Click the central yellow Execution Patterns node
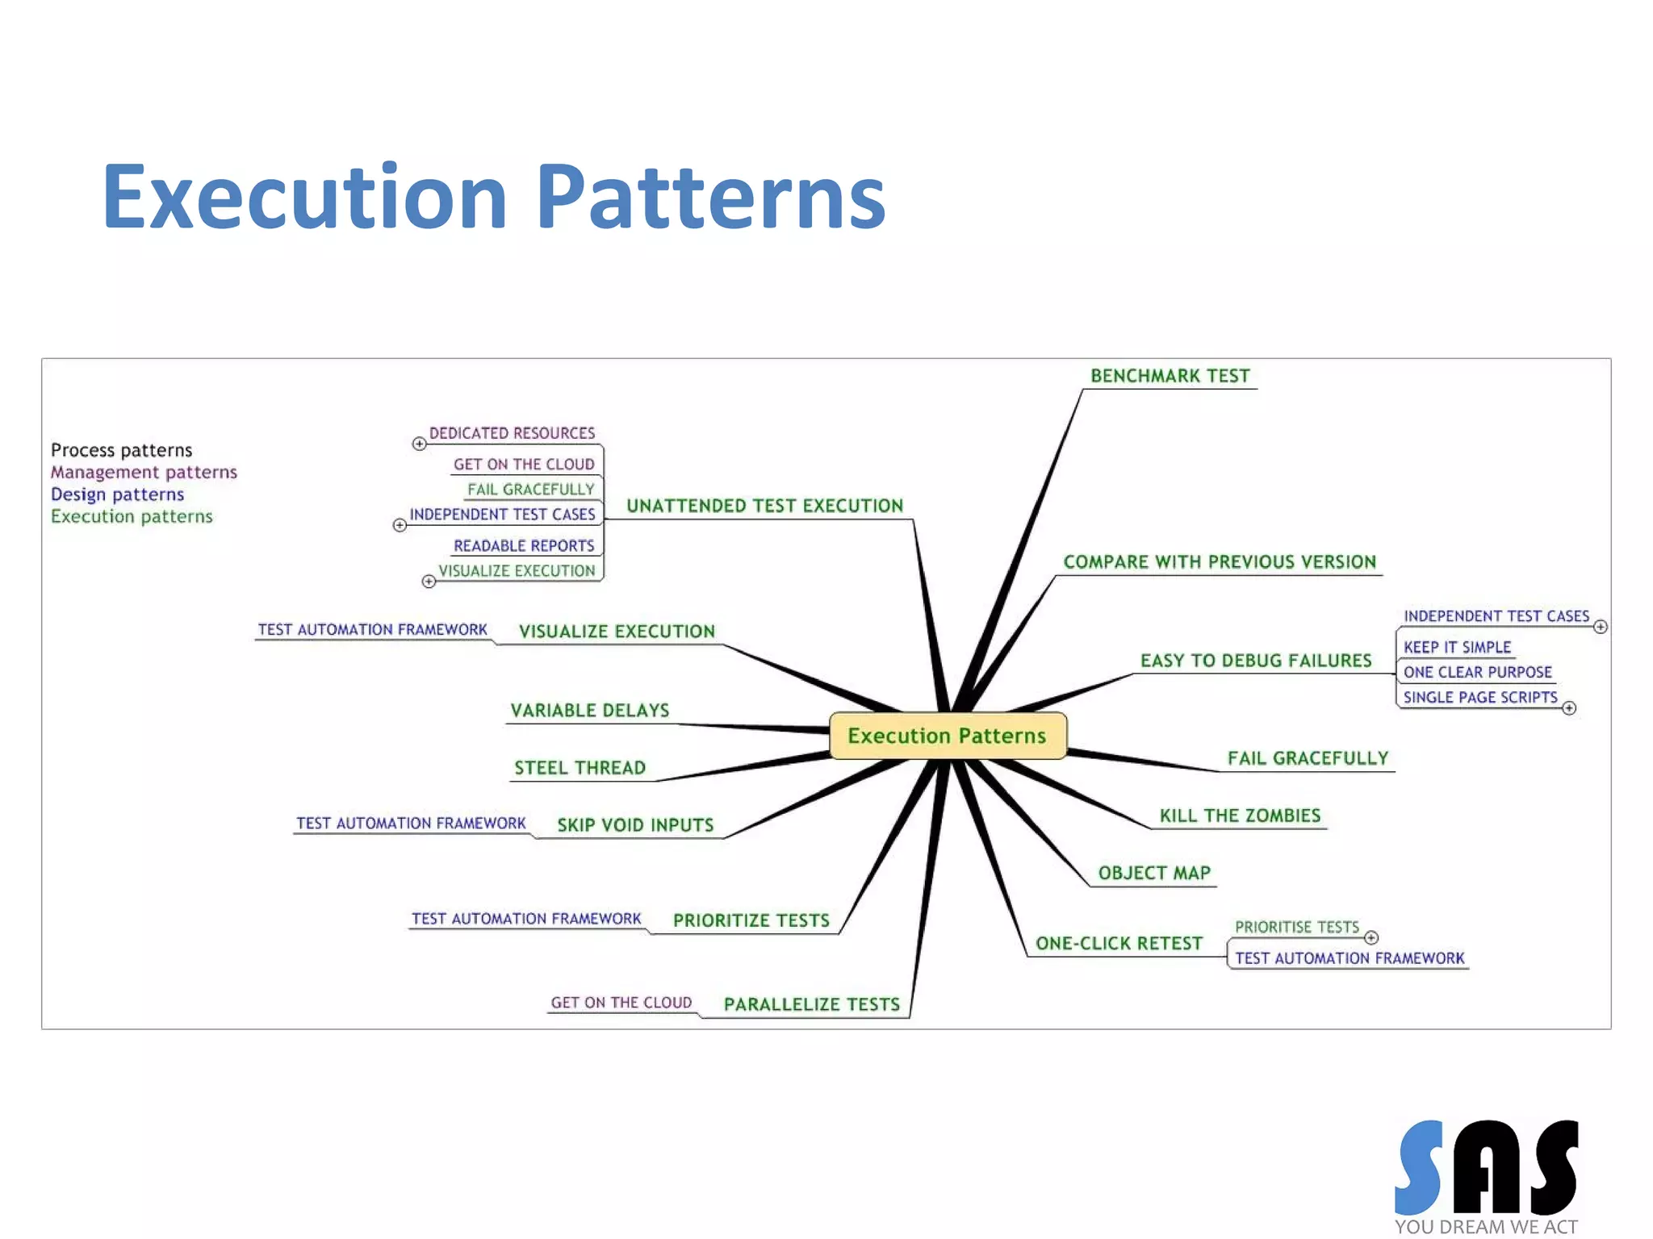point(947,736)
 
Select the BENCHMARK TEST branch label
point(1170,376)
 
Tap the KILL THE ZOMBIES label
point(1240,816)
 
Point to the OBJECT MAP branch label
point(1154,873)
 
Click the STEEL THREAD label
point(580,768)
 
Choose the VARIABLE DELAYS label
point(589,711)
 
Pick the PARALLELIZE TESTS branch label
point(811,1004)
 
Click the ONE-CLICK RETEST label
point(1119,944)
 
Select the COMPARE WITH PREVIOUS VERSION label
point(1219,562)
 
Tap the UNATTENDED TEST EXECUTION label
point(764,506)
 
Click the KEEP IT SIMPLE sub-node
point(1457,647)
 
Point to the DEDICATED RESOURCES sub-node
point(512,433)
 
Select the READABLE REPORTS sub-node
point(524,546)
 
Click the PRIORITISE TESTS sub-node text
point(1296,927)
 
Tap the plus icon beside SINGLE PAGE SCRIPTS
point(1569,708)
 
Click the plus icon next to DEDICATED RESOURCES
point(419,444)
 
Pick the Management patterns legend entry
point(144,472)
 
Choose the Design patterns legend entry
point(117,494)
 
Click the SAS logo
point(1486,1170)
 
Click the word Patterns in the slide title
point(710,197)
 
